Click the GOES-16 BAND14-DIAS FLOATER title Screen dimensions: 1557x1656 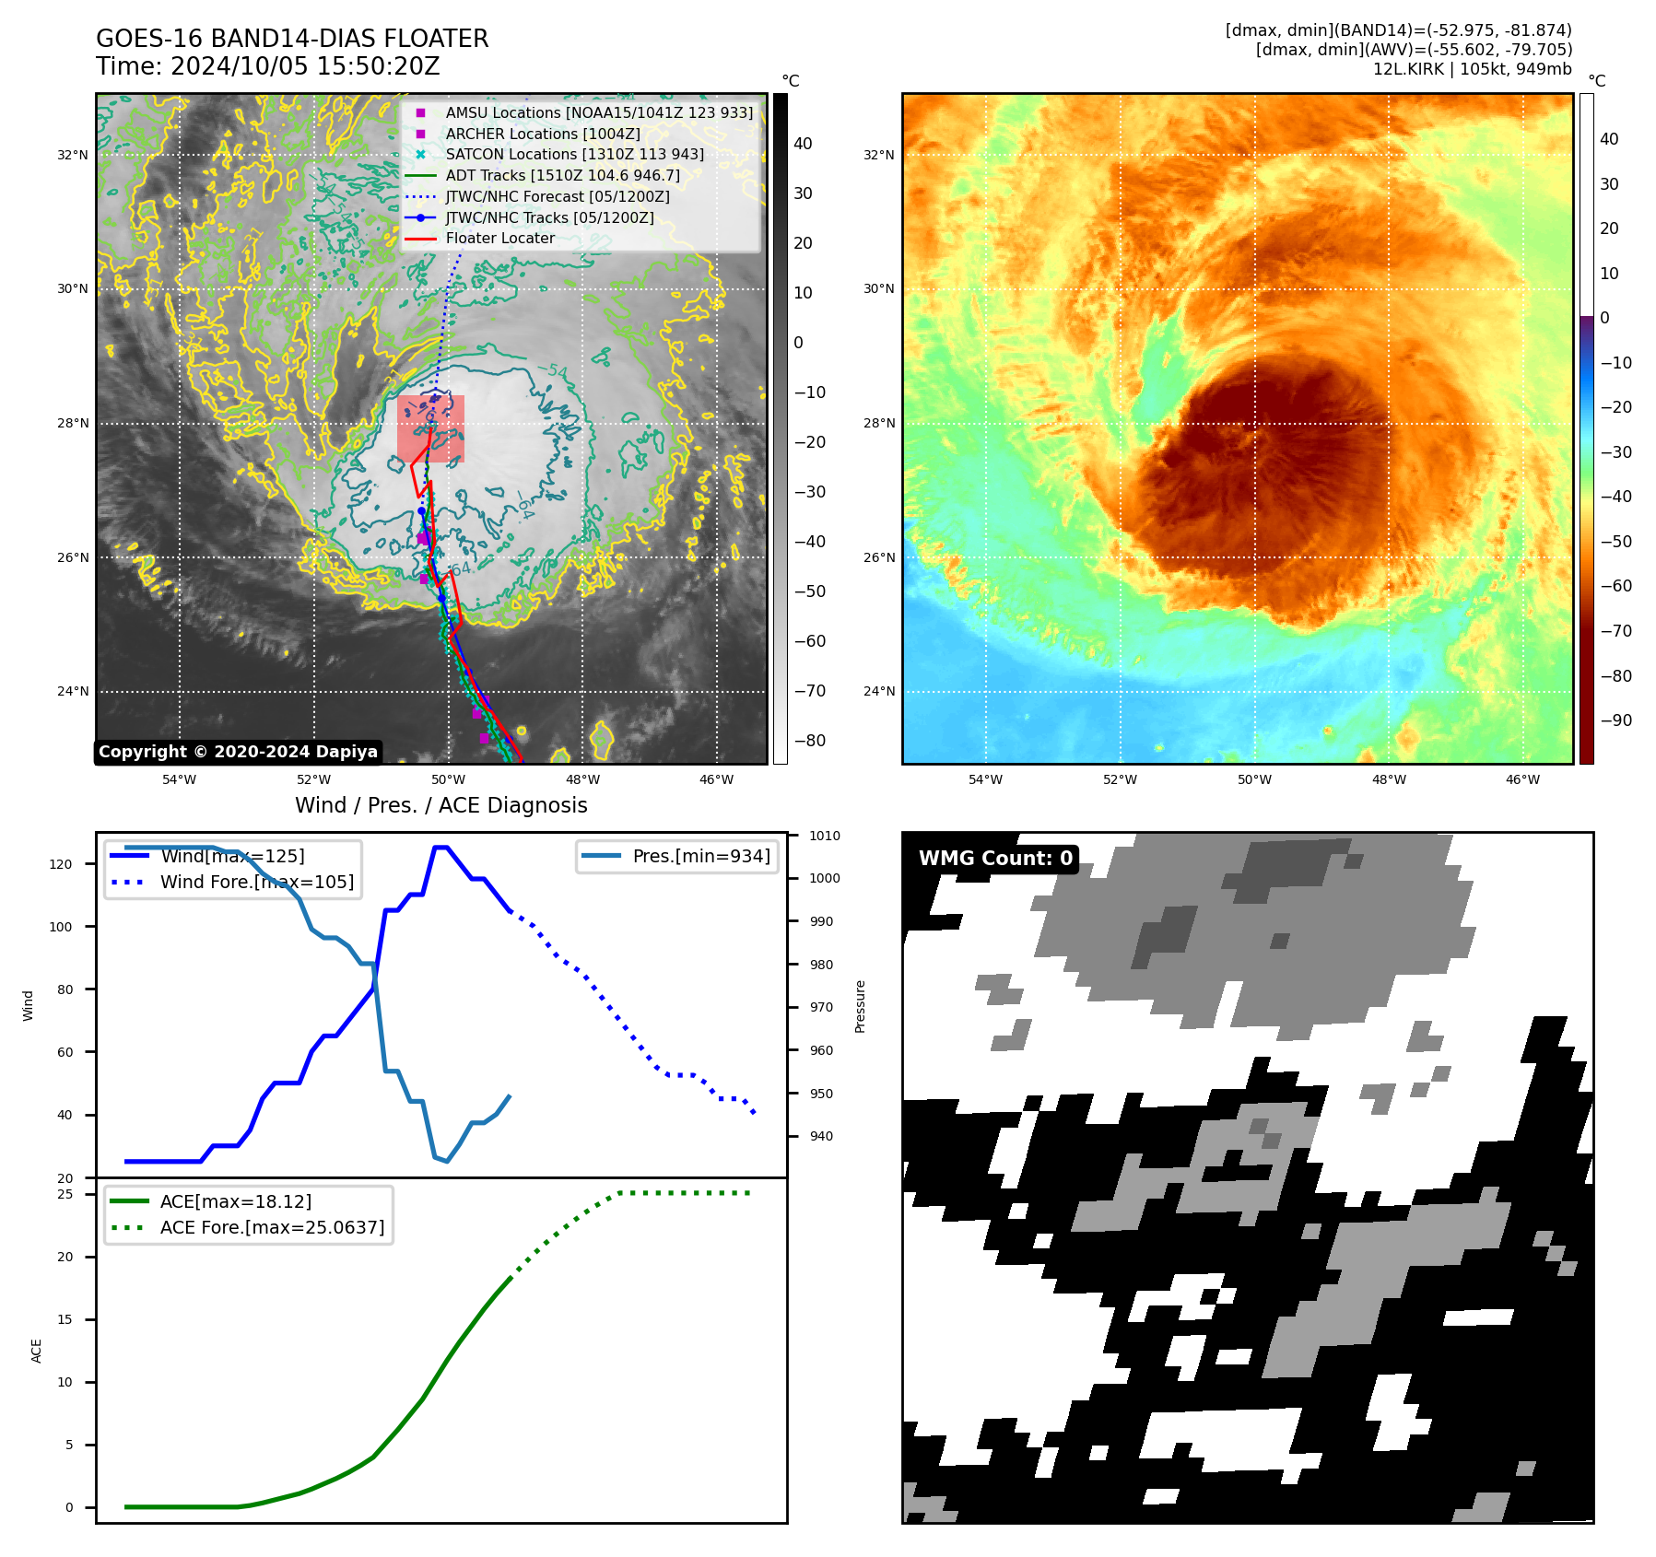(x=292, y=39)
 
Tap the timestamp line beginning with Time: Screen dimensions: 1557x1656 (x=267, y=66)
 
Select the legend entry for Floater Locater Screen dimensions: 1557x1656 (x=499, y=238)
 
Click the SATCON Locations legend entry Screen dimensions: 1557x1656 (x=574, y=154)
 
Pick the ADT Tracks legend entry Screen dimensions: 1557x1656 (x=562, y=175)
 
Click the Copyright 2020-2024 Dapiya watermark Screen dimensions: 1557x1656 (x=238, y=752)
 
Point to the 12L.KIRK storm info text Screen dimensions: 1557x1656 (x=1472, y=69)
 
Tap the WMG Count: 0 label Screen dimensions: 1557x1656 (x=995, y=859)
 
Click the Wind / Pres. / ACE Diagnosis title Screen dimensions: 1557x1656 (x=440, y=805)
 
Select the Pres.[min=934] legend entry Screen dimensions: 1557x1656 (x=700, y=856)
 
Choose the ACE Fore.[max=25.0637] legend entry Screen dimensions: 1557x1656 (x=272, y=1227)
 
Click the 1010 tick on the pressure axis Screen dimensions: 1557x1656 (x=824, y=836)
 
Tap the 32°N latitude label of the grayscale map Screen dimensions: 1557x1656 (x=73, y=155)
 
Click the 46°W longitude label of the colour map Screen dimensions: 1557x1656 (x=1522, y=779)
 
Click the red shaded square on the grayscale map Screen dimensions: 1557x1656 (x=430, y=428)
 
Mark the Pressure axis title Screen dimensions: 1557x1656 (x=860, y=1006)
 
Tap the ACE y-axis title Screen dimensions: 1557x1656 (x=37, y=1351)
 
